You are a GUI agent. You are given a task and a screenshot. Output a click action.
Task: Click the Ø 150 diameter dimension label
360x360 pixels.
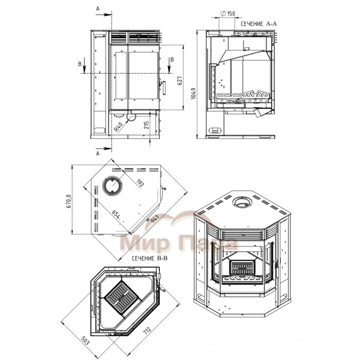click(228, 13)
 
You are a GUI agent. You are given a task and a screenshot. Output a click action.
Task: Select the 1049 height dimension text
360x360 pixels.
click(193, 93)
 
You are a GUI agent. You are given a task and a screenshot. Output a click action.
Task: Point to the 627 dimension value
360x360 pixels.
click(180, 80)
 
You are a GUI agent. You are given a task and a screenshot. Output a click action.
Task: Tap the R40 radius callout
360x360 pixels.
click(118, 127)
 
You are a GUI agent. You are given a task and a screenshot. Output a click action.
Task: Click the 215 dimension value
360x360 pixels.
click(147, 125)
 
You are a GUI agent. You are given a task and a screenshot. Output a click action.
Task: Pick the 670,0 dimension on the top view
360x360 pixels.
click(69, 202)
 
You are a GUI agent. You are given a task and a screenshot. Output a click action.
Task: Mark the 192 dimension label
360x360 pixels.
click(140, 183)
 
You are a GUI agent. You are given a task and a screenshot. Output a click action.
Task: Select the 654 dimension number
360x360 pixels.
click(116, 215)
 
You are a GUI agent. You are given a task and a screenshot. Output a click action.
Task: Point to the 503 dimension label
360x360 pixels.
click(85, 340)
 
